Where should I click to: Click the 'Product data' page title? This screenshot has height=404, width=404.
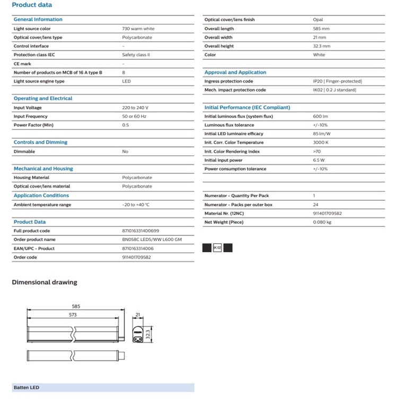32,5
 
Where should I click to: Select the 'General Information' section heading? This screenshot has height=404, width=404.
38,20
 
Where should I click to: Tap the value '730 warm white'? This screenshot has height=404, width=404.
138,29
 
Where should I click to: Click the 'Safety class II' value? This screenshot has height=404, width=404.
136,55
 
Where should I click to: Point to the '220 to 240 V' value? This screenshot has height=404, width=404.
135,108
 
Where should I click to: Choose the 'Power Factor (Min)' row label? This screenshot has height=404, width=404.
33,125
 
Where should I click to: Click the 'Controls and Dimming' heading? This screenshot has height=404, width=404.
40,143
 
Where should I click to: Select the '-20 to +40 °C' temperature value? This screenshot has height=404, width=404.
136,205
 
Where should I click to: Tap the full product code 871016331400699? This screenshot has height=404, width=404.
140,231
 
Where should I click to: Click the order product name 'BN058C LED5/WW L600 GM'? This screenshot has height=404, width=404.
152,240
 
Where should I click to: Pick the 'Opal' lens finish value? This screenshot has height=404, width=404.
318,20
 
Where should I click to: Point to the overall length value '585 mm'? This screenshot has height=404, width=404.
321,29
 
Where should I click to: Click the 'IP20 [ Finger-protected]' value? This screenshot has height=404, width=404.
337,82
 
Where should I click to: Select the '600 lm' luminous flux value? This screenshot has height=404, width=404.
320,117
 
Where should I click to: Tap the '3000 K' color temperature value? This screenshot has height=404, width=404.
321,143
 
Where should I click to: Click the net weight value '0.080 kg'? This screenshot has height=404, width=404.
322,222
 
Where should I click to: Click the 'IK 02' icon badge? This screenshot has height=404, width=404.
217,248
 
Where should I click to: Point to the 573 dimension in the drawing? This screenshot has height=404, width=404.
73,315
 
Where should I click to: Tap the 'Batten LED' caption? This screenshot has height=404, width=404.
26,388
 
